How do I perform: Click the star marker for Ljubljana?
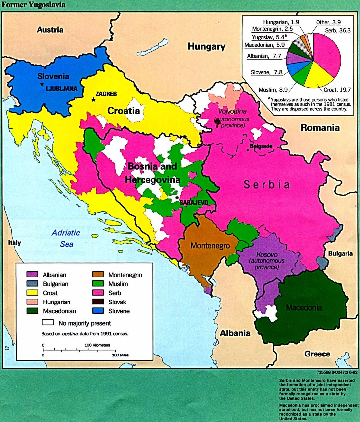pos(42,84)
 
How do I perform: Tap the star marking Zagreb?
pos(94,99)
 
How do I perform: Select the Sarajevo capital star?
pos(177,198)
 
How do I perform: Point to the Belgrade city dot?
pos(248,150)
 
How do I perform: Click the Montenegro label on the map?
pos(210,246)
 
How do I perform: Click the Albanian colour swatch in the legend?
pos(32,275)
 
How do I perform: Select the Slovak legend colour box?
pos(98,302)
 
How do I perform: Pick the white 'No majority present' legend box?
pos(47,322)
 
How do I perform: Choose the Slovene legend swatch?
pos(98,311)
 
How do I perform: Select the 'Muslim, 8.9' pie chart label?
pos(273,90)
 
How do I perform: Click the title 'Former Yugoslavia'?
pos(33,5)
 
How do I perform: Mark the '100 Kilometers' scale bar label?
pos(97,345)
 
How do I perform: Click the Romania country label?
pos(319,128)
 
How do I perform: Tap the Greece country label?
pos(317,354)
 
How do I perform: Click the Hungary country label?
pos(207,46)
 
